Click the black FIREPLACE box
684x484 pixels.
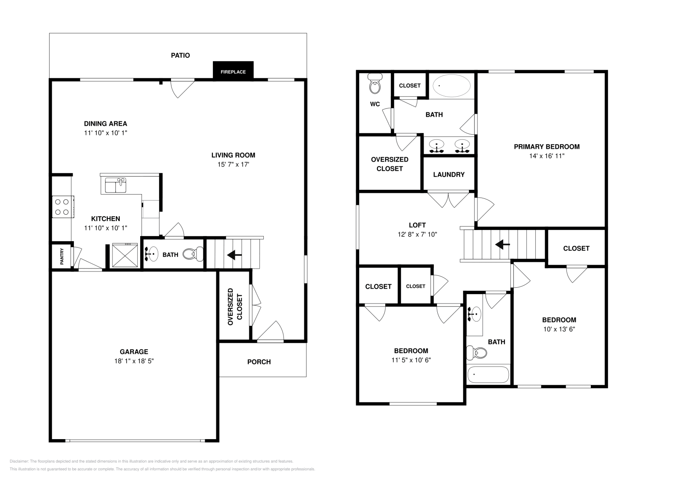pos(233,71)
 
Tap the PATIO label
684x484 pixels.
pos(180,55)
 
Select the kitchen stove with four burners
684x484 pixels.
pos(62,207)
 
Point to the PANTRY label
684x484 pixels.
pos(62,257)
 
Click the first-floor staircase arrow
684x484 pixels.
pos(234,255)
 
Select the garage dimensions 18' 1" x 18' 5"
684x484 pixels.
pos(134,361)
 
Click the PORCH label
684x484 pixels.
pos(259,362)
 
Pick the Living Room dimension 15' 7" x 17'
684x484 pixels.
pos(233,165)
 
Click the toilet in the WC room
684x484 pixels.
pos(375,86)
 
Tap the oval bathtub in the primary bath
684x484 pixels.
pos(451,86)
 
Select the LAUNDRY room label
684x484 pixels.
pos(448,174)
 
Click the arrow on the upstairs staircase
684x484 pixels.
pos(502,245)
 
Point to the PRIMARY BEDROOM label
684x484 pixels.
pos(546,147)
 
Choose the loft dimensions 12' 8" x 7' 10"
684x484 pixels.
pos(417,234)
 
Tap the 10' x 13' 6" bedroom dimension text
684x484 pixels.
pos(559,329)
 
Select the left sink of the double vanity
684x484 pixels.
pos(436,145)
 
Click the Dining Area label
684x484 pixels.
pos(105,124)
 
